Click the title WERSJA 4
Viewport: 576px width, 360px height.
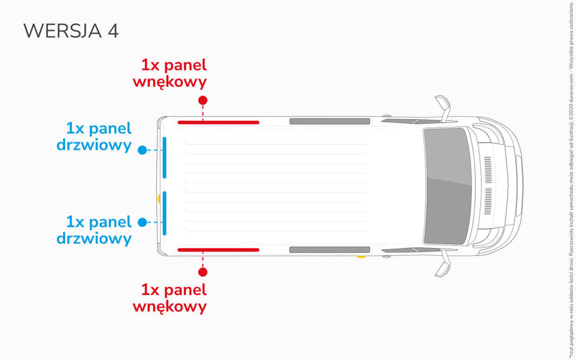tap(71, 31)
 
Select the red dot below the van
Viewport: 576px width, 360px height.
tap(203, 271)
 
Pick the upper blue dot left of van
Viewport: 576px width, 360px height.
tap(142, 150)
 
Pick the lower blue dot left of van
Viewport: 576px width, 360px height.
tap(142, 222)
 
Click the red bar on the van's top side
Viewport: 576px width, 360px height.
tap(218, 122)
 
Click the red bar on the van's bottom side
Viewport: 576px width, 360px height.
tap(218, 250)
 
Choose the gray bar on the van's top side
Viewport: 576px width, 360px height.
tap(329, 122)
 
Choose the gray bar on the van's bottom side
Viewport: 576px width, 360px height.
tap(329, 250)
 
